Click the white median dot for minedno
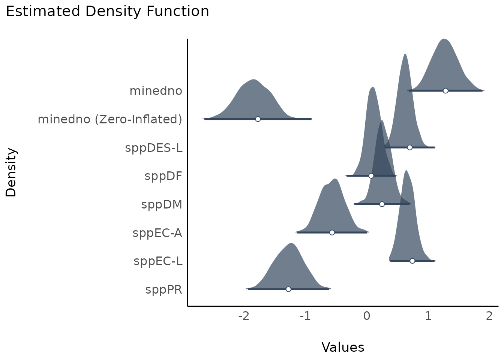(x=445, y=91)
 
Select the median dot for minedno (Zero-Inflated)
(x=258, y=119)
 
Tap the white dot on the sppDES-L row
(x=409, y=147)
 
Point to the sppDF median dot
(x=371, y=176)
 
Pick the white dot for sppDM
(x=382, y=204)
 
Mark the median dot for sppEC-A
(x=332, y=232)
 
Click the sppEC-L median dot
(x=412, y=261)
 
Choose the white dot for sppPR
(x=288, y=289)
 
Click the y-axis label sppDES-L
(x=154, y=148)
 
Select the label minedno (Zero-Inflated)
(x=110, y=120)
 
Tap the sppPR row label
(x=164, y=290)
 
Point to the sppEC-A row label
(x=157, y=233)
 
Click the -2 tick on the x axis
(x=244, y=316)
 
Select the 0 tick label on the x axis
(x=367, y=316)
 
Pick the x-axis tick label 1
(x=428, y=316)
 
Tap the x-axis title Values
(x=343, y=348)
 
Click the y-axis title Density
(x=11, y=172)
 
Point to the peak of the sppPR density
(x=291, y=244)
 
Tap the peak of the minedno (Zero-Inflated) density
(x=254, y=80)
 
